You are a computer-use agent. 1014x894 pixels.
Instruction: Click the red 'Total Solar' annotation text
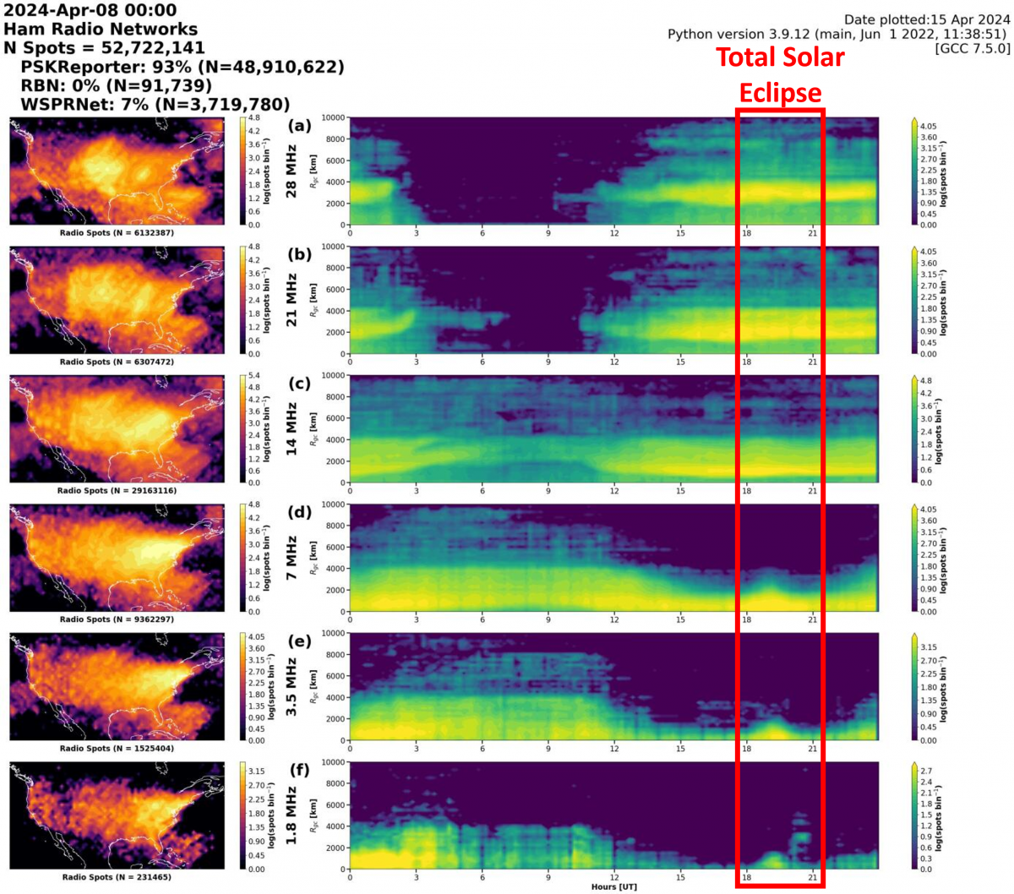780,57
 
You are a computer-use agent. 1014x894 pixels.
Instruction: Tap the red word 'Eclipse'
780,92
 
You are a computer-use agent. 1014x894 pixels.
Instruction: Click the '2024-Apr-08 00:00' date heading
90,10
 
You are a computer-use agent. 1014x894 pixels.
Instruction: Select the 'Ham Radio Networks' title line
101,29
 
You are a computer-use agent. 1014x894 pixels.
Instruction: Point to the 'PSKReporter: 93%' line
183,67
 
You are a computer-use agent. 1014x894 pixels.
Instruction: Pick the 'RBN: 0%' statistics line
117,85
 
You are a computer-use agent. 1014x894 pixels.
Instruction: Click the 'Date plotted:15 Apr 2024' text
927,19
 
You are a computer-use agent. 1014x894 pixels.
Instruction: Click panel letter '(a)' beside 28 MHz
299,126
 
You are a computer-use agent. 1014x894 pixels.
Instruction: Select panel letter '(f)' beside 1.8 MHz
299,770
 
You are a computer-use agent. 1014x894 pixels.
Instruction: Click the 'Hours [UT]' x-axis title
614,886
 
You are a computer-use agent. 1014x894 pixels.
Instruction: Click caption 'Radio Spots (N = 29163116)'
117,490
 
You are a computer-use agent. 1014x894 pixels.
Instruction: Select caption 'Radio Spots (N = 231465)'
117,877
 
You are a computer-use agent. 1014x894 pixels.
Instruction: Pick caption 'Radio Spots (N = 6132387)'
117,232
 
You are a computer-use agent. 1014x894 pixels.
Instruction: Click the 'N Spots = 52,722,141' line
105,48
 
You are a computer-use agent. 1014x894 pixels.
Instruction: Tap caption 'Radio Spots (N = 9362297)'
117,619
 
